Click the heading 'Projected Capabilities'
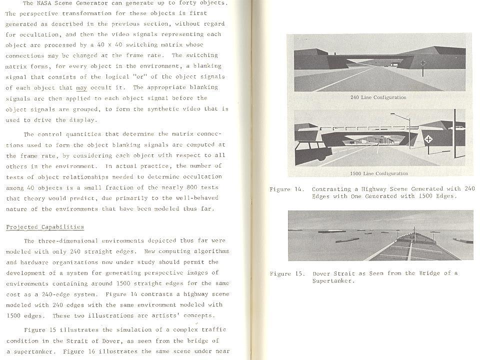click(45, 227)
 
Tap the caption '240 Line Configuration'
click(378, 97)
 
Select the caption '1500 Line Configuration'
click(378, 174)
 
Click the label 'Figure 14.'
click(286, 189)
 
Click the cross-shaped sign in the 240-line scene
click(423, 63)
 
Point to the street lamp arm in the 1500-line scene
click(400, 116)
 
